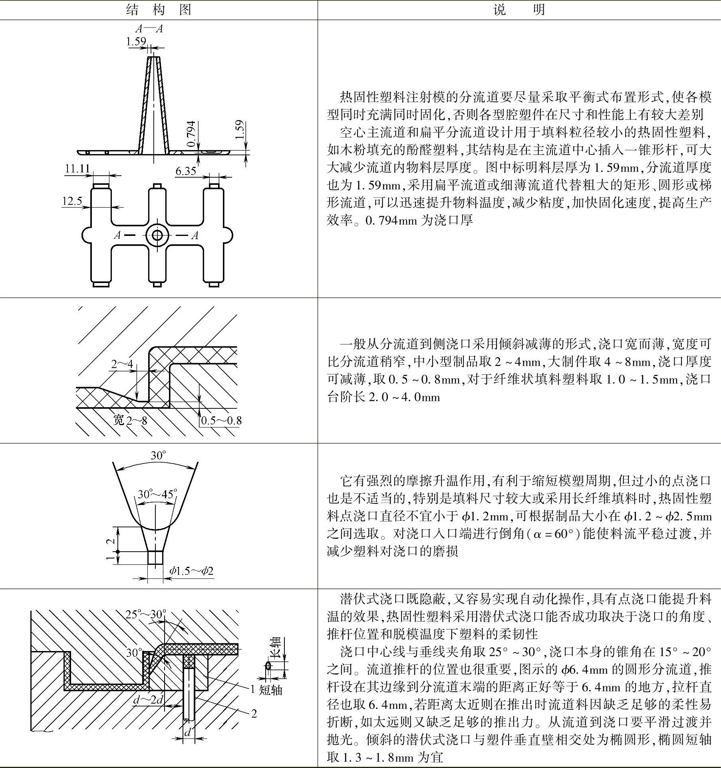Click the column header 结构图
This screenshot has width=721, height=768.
pyautogui.click(x=159, y=10)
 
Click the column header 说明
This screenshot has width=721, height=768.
pyautogui.click(x=519, y=10)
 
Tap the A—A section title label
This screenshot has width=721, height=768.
pyautogui.click(x=149, y=29)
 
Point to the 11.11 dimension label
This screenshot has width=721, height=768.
pyautogui.click(x=77, y=168)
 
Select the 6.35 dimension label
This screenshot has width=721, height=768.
pyautogui.click(x=186, y=171)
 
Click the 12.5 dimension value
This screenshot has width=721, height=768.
pyautogui.click(x=72, y=201)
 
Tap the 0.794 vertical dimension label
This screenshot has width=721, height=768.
pyautogui.click(x=191, y=133)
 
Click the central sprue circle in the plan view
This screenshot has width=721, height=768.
pyautogui.click(x=157, y=235)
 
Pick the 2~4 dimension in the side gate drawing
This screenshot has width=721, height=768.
pyautogui.click(x=122, y=364)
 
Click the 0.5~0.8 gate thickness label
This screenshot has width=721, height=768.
pyautogui.click(x=221, y=420)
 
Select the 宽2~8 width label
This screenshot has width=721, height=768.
pyautogui.click(x=130, y=420)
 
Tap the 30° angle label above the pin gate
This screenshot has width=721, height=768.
pyautogui.click(x=158, y=455)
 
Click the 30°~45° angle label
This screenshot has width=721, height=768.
pyautogui.click(x=157, y=494)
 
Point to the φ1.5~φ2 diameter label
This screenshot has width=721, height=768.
pyautogui.click(x=191, y=571)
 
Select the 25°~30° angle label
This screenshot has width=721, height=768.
pyautogui.click(x=146, y=614)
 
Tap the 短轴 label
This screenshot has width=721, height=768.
pyautogui.click(x=270, y=690)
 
